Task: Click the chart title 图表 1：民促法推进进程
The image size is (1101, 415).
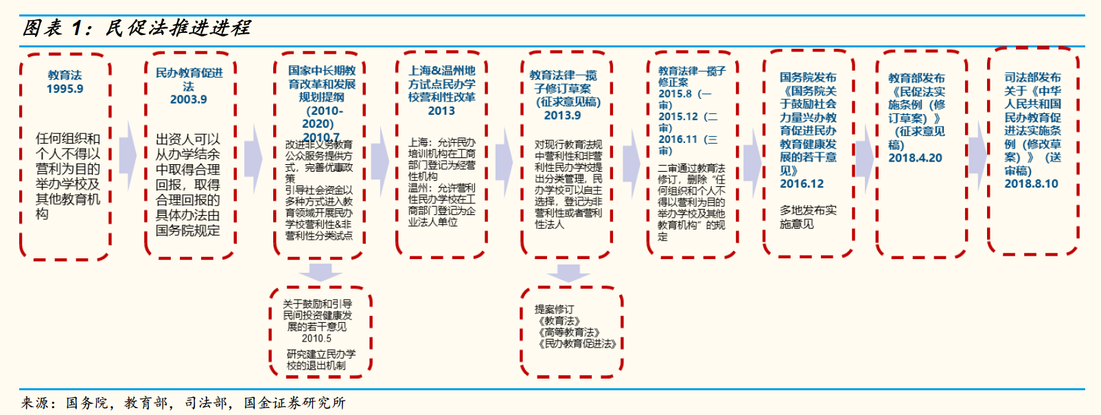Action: [137, 28]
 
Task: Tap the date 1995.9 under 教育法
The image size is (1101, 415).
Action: [65, 89]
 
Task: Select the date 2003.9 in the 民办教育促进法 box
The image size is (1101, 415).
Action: [189, 100]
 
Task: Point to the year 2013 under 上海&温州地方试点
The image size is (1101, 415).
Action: [441, 111]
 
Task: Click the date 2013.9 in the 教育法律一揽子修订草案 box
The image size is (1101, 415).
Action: [563, 115]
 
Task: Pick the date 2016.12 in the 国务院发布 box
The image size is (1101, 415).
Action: [802, 183]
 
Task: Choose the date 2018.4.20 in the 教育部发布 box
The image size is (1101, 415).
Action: [915, 158]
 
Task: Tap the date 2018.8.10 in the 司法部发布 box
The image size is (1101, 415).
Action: [1031, 183]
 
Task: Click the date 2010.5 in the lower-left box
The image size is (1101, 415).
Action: [316, 338]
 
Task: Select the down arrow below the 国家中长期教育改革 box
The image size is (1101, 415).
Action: [320, 272]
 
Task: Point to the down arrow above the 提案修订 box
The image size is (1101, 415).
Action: [568, 273]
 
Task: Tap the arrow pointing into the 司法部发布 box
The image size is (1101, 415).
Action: [977, 155]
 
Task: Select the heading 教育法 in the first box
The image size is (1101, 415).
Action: [65, 75]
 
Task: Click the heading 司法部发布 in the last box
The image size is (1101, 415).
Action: [1032, 78]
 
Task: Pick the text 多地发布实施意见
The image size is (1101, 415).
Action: [808, 217]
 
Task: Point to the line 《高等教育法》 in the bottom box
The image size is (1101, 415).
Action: [569, 333]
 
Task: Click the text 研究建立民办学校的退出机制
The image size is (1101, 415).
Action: [321, 359]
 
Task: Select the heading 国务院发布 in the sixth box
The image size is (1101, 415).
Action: [808, 78]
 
